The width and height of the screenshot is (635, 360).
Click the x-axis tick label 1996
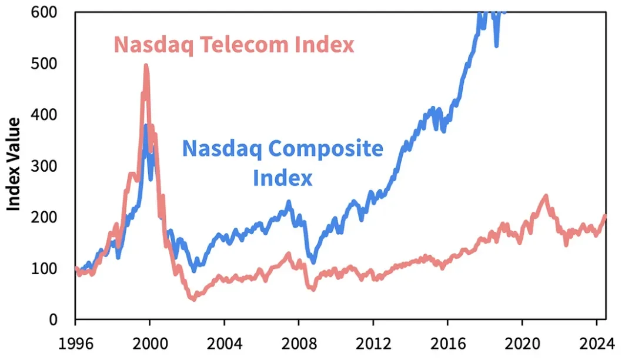(x=75, y=342)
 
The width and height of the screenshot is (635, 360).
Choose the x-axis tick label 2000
(x=149, y=342)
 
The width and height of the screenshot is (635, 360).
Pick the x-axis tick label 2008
(x=298, y=342)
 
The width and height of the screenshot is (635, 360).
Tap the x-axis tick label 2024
(x=596, y=342)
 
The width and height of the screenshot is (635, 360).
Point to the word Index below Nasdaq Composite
(x=283, y=178)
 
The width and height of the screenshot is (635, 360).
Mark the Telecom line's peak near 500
(x=146, y=66)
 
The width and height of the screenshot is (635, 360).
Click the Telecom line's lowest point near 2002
(x=193, y=299)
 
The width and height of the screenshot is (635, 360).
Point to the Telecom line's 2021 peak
(x=546, y=196)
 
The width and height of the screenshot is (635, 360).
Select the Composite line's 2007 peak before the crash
(x=289, y=203)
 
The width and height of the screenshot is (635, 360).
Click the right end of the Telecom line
(x=605, y=216)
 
